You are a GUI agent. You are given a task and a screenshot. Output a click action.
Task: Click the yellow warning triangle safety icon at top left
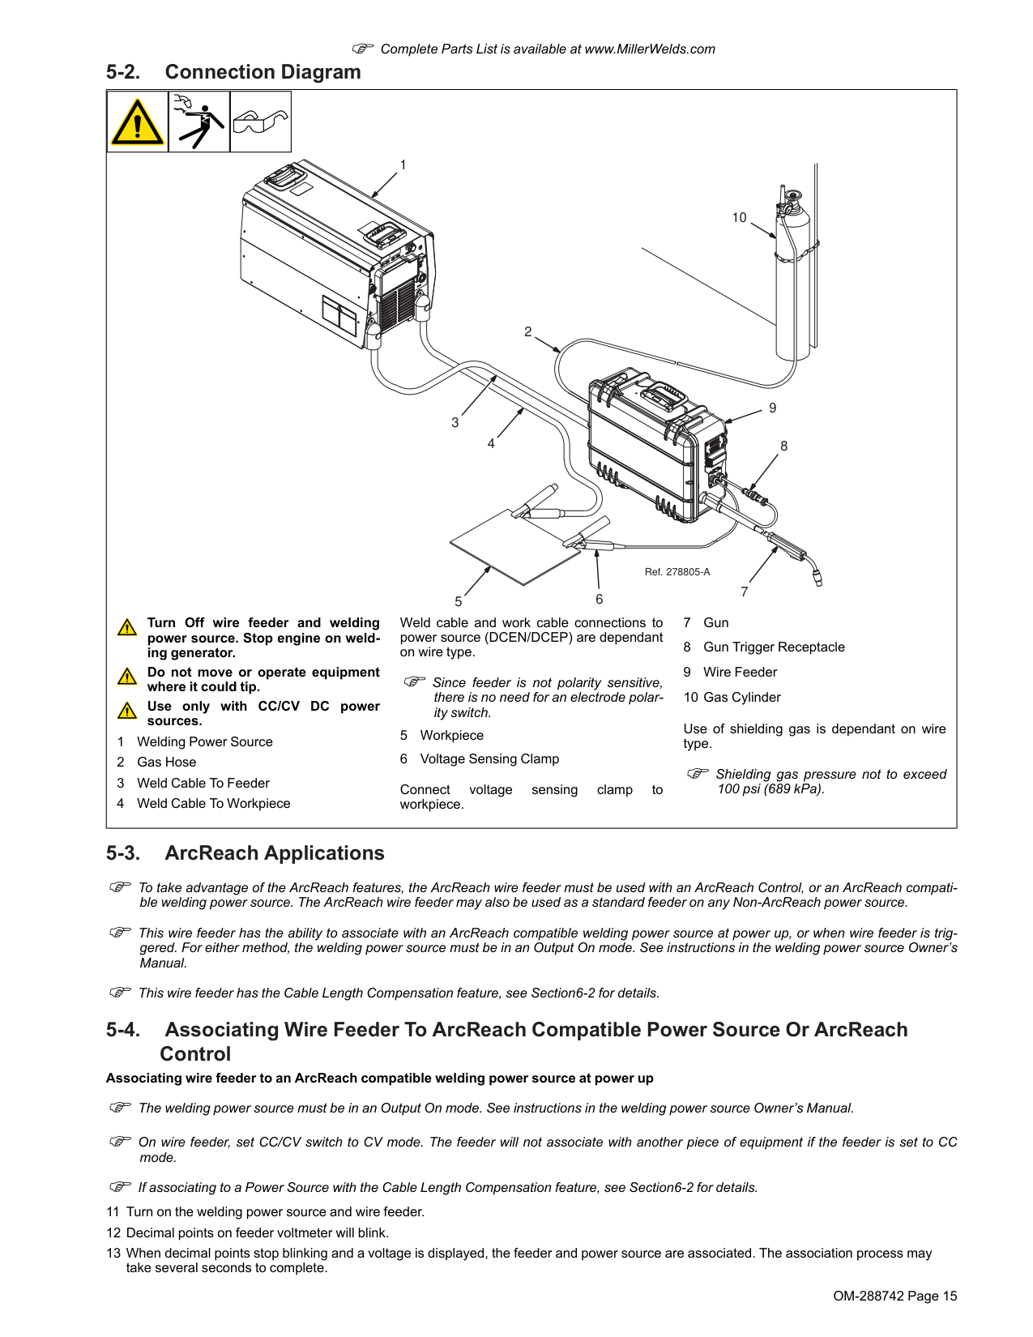tap(138, 122)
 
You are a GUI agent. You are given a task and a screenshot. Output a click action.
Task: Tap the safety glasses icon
tap(261, 122)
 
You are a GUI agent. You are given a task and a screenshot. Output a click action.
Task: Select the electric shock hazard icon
tap(199, 122)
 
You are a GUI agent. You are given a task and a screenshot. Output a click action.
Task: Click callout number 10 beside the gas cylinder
tap(739, 218)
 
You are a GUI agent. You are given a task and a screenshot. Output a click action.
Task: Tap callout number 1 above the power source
tap(403, 165)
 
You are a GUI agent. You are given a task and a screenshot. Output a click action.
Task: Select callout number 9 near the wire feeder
tap(772, 408)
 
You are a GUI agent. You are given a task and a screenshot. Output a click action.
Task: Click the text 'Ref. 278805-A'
tap(677, 572)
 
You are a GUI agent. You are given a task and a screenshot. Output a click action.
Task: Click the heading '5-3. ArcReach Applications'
tap(245, 853)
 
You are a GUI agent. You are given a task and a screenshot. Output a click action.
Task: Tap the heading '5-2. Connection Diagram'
tap(233, 72)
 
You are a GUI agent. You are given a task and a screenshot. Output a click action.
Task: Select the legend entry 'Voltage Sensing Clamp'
tap(489, 759)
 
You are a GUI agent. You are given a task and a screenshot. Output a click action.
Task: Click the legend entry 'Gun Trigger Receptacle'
tap(774, 647)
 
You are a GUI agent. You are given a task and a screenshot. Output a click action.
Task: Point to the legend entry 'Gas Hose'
tap(166, 762)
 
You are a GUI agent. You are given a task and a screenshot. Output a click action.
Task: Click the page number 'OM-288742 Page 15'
tap(894, 1296)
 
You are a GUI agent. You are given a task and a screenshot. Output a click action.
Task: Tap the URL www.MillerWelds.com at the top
tap(650, 49)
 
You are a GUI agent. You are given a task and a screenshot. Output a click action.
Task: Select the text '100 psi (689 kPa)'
tap(770, 789)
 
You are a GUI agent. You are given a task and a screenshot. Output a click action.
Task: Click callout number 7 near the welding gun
tap(745, 592)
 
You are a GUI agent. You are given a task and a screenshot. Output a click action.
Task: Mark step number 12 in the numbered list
tap(113, 1233)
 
